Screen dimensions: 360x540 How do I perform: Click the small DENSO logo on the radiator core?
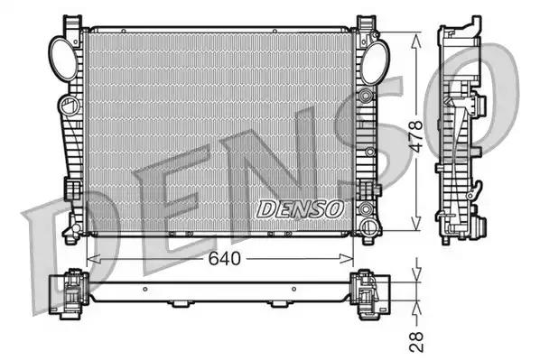302,208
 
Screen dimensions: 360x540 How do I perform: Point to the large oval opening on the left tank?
61,58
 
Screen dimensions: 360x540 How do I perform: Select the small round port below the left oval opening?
66,106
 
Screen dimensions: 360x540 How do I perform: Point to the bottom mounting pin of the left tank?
70,236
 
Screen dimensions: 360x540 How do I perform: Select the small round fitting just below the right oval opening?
365,94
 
